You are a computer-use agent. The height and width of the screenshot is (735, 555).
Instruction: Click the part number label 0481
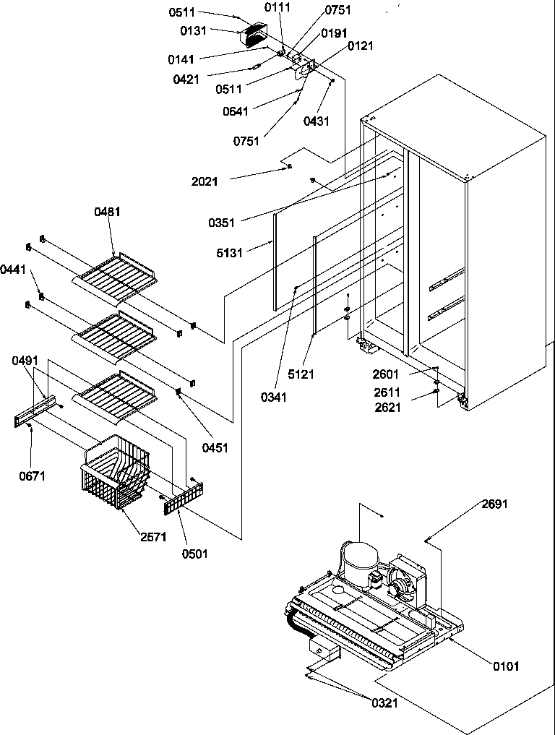point(107,212)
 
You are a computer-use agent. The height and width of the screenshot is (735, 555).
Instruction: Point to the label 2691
point(495,504)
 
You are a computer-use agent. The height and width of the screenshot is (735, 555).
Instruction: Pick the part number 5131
point(230,252)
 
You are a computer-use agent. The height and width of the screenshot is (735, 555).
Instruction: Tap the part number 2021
point(205,181)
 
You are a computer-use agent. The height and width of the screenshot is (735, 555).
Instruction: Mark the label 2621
point(388,407)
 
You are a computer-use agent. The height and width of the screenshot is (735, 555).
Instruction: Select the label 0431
point(317,121)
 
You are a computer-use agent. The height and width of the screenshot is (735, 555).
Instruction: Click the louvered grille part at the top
point(252,35)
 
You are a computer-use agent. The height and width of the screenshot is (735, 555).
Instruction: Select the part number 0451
point(215,447)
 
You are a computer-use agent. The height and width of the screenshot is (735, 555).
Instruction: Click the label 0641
point(236,111)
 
